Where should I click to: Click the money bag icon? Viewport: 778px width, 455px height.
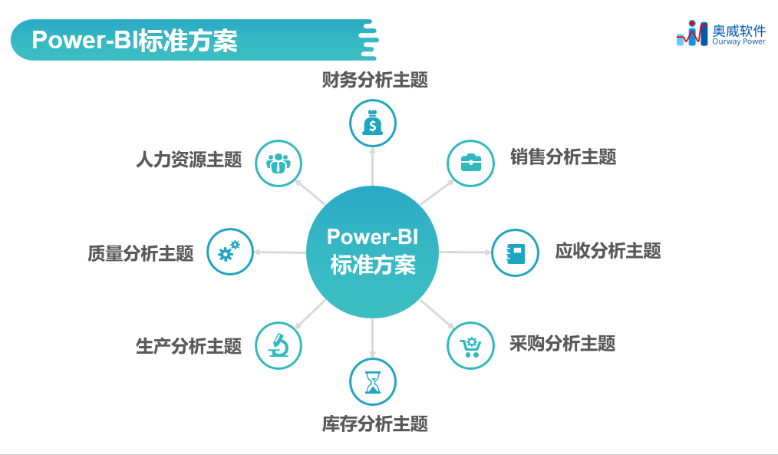coord(373,123)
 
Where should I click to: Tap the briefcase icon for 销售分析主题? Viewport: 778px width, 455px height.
coord(470,163)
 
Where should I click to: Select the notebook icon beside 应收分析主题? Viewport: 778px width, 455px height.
coord(515,252)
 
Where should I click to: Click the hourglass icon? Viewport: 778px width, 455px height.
coord(373,381)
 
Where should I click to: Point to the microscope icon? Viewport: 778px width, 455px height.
coord(278,345)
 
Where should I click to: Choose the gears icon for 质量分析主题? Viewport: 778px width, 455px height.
coord(229,252)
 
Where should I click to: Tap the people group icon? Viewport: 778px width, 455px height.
coord(278,163)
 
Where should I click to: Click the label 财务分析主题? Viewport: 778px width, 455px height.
coord(374,80)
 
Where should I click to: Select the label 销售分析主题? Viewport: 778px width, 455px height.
coord(563,157)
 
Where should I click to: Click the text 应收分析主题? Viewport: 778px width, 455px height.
coord(608,251)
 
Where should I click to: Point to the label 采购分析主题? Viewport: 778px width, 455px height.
coord(562,344)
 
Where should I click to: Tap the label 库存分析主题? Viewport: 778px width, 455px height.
coord(374,424)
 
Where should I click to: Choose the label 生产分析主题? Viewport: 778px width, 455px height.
coord(189,346)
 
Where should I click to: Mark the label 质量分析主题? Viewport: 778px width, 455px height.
coord(140,253)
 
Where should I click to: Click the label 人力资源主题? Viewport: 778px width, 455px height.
coord(189,160)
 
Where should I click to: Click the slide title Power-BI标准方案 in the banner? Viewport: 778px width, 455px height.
coord(134,41)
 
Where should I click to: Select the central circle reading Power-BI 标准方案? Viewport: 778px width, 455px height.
coord(373,252)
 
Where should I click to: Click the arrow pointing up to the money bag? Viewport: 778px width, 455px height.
coord(373,167)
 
